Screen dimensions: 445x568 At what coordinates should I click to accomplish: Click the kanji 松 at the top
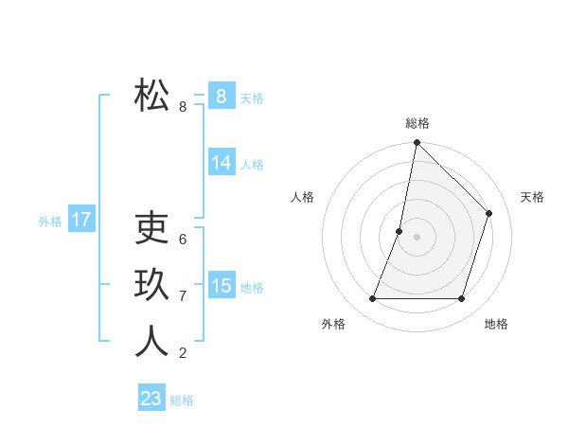(x=151, y=95)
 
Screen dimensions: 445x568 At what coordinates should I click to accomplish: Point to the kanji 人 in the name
(x=151, y=341)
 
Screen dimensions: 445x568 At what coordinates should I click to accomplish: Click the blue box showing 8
(x=221, y=96)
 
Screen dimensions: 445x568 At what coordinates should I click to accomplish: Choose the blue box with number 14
(x=221, y=163)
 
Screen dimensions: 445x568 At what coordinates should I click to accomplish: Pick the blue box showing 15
(x=221, y=285)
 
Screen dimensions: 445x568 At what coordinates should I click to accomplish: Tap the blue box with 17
(x=81, y=221)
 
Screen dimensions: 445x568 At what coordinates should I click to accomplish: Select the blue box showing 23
(x=151, y=399)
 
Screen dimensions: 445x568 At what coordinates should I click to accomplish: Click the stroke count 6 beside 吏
(x=183, y=240)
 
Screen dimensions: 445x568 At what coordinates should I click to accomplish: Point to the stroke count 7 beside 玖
(x=183, y=296)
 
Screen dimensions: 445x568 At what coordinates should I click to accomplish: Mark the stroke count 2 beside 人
(x=183, y=353)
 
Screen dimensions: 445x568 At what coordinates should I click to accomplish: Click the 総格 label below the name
(x=182, y=400)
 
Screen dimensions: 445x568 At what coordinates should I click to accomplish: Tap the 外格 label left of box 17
(x=50, y=222)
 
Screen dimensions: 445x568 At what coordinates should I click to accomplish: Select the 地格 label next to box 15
(x=252, y=288)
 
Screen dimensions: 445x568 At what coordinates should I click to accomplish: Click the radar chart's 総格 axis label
(x=417, y=123)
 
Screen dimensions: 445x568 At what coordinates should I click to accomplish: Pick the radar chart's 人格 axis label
(x=302, y=197)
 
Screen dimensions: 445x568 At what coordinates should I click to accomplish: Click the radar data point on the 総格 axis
(x=417, y=143)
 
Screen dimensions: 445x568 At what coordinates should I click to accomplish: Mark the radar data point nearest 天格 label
(x=488, y=213)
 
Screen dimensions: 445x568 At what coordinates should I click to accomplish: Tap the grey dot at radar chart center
(x=417, y=237)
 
